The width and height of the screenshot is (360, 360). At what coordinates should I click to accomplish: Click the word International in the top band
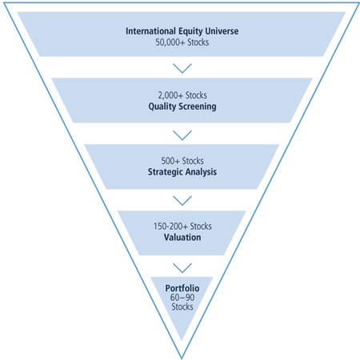150,31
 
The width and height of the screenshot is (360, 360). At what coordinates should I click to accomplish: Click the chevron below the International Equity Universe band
182,68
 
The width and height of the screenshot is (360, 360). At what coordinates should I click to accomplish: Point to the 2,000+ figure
170,95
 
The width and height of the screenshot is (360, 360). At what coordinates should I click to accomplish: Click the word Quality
162,106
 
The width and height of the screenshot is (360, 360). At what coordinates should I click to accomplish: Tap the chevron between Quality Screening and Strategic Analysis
182,135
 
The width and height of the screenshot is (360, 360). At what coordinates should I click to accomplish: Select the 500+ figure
170,161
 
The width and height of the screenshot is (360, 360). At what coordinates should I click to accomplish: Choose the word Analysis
201,172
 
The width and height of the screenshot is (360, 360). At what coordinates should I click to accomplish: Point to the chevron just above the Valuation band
182,201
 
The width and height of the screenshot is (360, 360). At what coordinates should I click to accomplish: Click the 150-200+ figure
170,226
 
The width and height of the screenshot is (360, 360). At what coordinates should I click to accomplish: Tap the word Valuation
182,238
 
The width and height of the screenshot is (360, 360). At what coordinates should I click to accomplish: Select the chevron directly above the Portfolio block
182,268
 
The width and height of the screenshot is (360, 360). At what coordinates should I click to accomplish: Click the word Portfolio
182,288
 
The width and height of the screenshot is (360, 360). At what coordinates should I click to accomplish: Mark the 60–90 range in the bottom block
182,298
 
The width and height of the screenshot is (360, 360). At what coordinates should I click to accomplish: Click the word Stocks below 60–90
182,306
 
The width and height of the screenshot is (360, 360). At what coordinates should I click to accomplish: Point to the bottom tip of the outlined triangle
182,358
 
